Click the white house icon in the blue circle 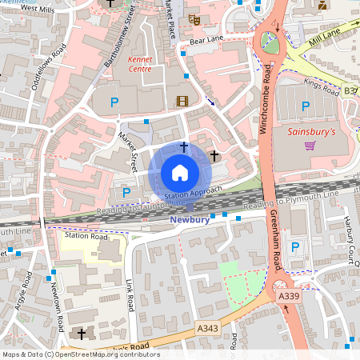[x=180, y=173]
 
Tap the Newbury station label [x=190, y=219]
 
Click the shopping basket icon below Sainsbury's [x=310, y=145]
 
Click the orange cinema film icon [x=182, y=101]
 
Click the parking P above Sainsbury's [x=304, y=106]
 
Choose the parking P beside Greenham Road [x=295, y=246]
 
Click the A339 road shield [x=290, y=297]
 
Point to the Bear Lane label [x=206, y=38]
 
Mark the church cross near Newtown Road [x=81, y=333]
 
